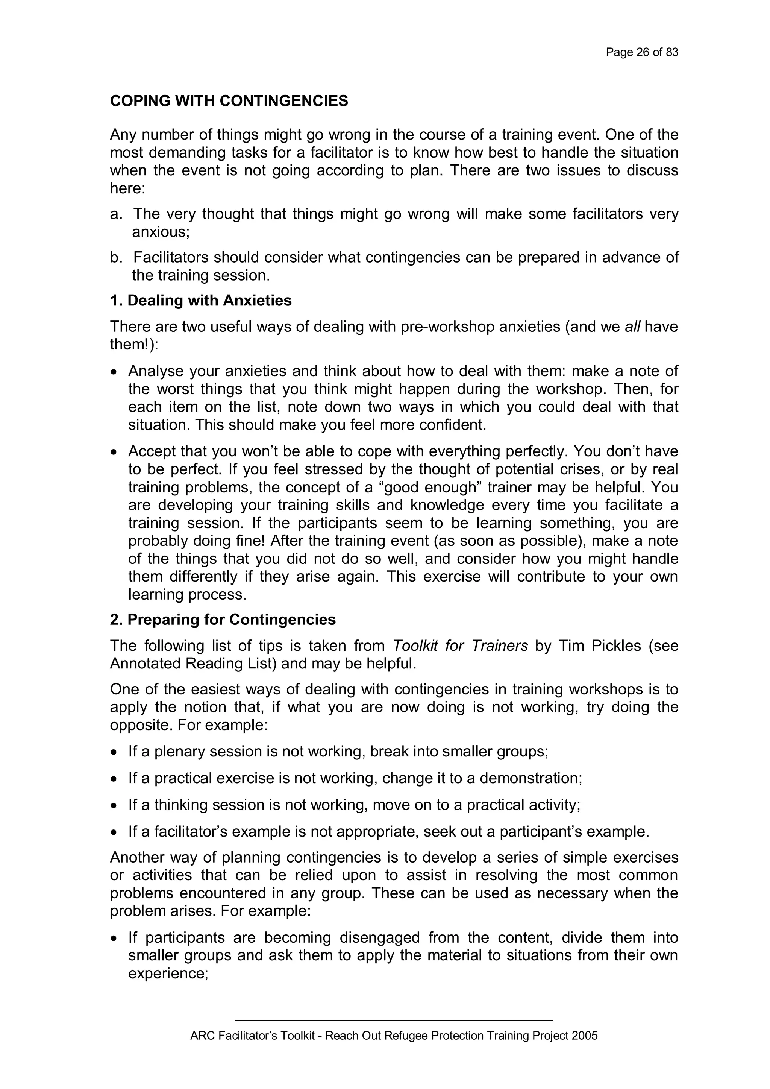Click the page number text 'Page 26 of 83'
(642, 52)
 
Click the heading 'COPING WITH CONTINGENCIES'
(229, 101)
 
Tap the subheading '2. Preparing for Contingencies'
(223, 620)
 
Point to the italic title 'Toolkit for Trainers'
(460, 646)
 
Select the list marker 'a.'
(116, 214)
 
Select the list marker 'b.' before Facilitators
(116, 258)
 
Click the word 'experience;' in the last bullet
(168, 974)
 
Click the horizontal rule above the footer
(394, 1020)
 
